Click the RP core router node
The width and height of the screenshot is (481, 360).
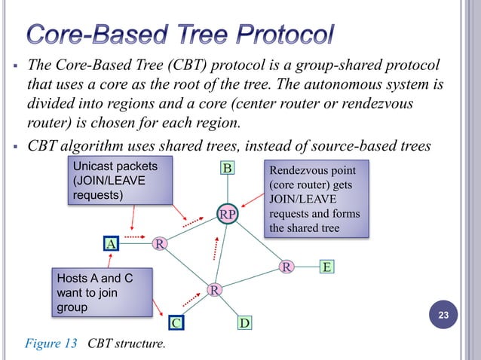tap(228, 215)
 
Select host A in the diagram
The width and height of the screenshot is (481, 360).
tap(111, 243)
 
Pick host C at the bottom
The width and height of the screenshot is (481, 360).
tap(176, 324)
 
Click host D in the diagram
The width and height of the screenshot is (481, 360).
tap(245, 324)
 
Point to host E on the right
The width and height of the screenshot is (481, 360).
tap(326, 267)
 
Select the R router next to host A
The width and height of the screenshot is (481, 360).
tap(160, 243)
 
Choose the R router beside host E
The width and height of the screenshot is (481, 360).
tap(286, 267)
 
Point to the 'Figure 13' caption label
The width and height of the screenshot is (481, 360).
tap(52, 345)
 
